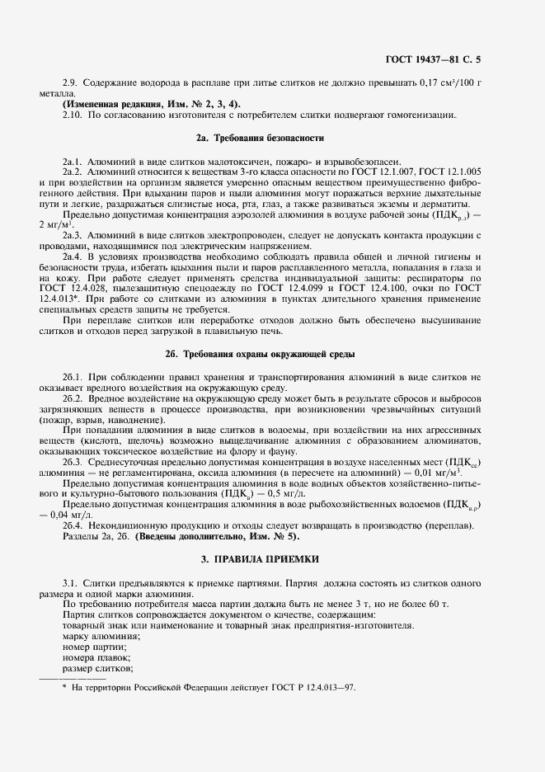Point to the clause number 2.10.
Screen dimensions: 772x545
click(x=73, y=115)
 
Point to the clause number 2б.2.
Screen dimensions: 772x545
click(x=73, y=398)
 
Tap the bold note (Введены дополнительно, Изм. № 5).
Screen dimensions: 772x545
click(x=218, y=536)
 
